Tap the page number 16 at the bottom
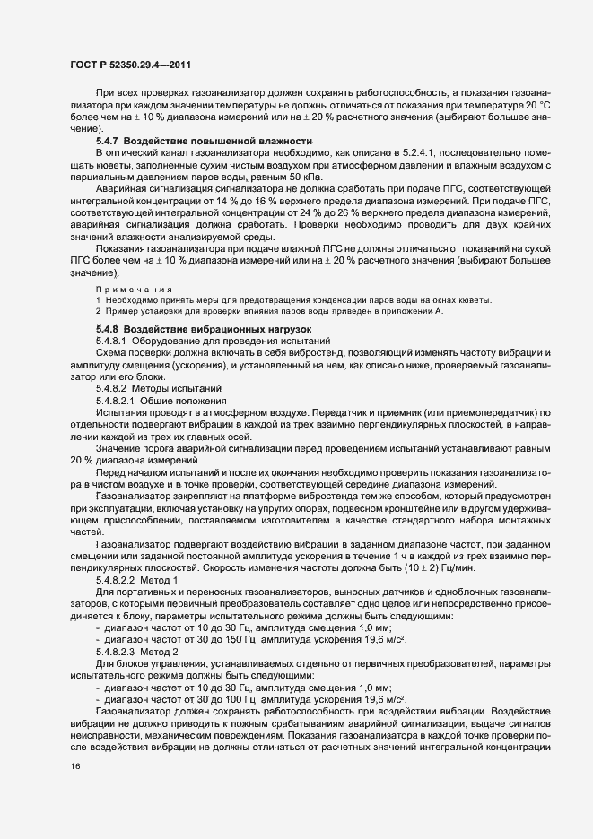click(75, 767)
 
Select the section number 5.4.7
click(107, 143)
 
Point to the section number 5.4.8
click(107, 330)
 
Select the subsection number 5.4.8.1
click(113, 341)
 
